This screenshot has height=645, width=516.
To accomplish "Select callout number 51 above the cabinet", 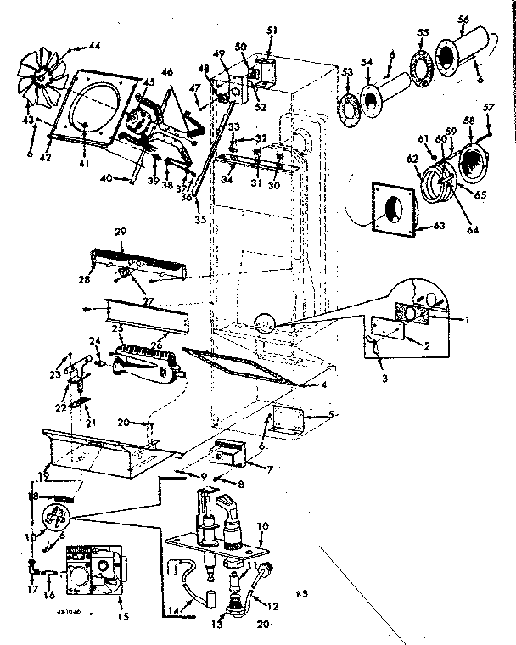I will coord(272,32).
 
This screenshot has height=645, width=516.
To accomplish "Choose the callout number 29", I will coord(120,231).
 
